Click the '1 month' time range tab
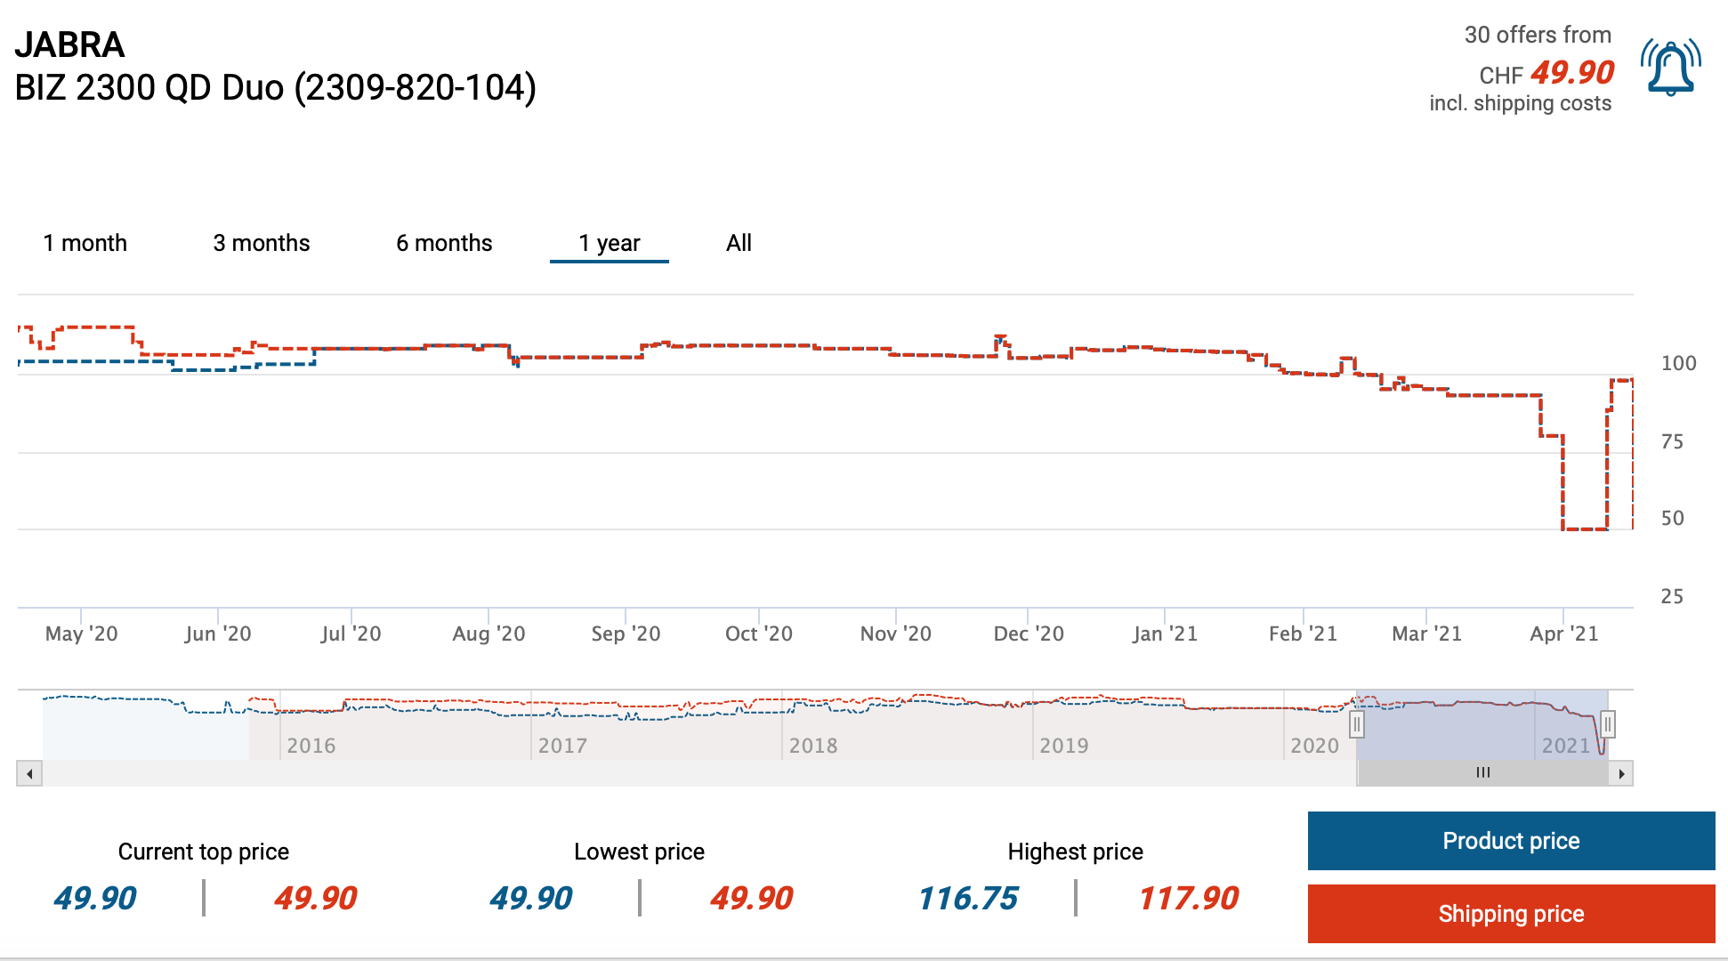pyautogui.click(x=85, y=243)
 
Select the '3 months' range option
pyautogui.click(x=262, y=243)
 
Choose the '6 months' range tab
pyautogui.click(x=444, y=243)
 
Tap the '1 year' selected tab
pyautogui.click(x=610, y=243)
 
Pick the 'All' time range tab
pyautogui.click(x=739, y=243)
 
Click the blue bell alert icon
pyautogui.click(x=1671, y=68)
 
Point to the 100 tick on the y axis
pyautogui.click(x=1678, y=363)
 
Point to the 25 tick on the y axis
pyautogui.click(x=1672, y=596)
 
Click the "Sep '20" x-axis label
pyautogui.click(x=626, y=634)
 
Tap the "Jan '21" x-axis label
pyautogui.click(x=1165, y=634)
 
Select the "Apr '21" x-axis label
pyautogui.click(x=1563, y=634)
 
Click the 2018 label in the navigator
pyautogui.click(x=813, y=746)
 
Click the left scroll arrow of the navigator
pyautogui.click(x=29, y=773)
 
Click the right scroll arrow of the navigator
pyautogui.click(x=1621, y=773)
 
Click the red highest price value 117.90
pyautogui.click(x=1189, y=899)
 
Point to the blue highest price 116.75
pyautogui.click(x=968, y=899)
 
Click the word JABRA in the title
pyautogui.click(x=69, y=44)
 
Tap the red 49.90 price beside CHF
pyautogui.click(x=1572, y=73)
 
